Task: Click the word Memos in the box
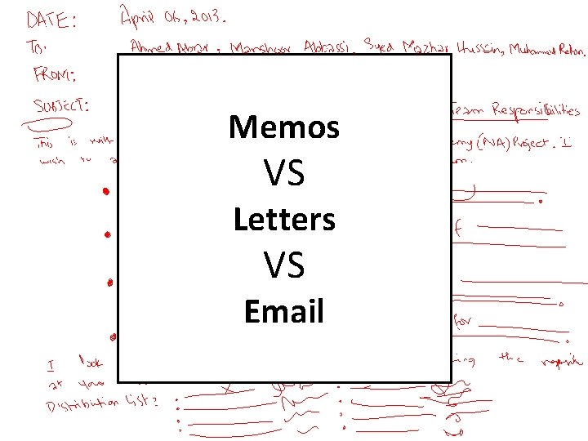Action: (284, 127)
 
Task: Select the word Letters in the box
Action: (284, 220)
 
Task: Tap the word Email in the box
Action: (284, 312)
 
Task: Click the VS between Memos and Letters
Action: (284, 173)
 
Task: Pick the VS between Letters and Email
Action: (284, 265)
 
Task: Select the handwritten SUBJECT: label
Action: (62, 105)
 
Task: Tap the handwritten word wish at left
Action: (52, 161)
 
